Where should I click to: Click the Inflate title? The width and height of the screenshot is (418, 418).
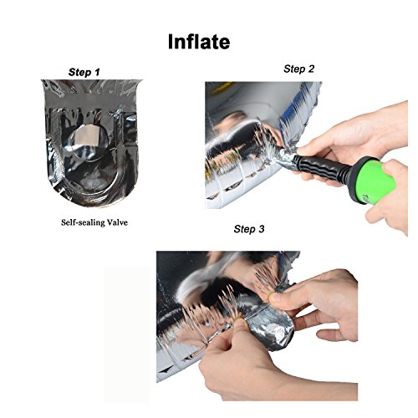pyautogui.click(x=199, y=42)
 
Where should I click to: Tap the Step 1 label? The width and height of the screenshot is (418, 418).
pyautogui.click(x=84, y=72)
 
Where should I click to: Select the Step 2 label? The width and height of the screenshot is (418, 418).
pyautogui.click(x=298, y=69)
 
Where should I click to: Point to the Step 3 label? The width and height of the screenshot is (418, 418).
pyautogui.click(x=249, y=229)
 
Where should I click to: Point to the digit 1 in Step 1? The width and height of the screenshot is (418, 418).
pyautogui.click(x=97, y=72)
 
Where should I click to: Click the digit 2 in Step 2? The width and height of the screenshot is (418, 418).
pyautogui.click(x=311, y=69)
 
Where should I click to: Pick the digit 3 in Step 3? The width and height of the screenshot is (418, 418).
pyautogui.click(x=261, y=229)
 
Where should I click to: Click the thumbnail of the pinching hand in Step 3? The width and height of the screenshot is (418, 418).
pyautogui.click(x=276, y=298)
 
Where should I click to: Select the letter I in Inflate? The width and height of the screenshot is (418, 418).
pyautogui.click(x=171, y=42)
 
